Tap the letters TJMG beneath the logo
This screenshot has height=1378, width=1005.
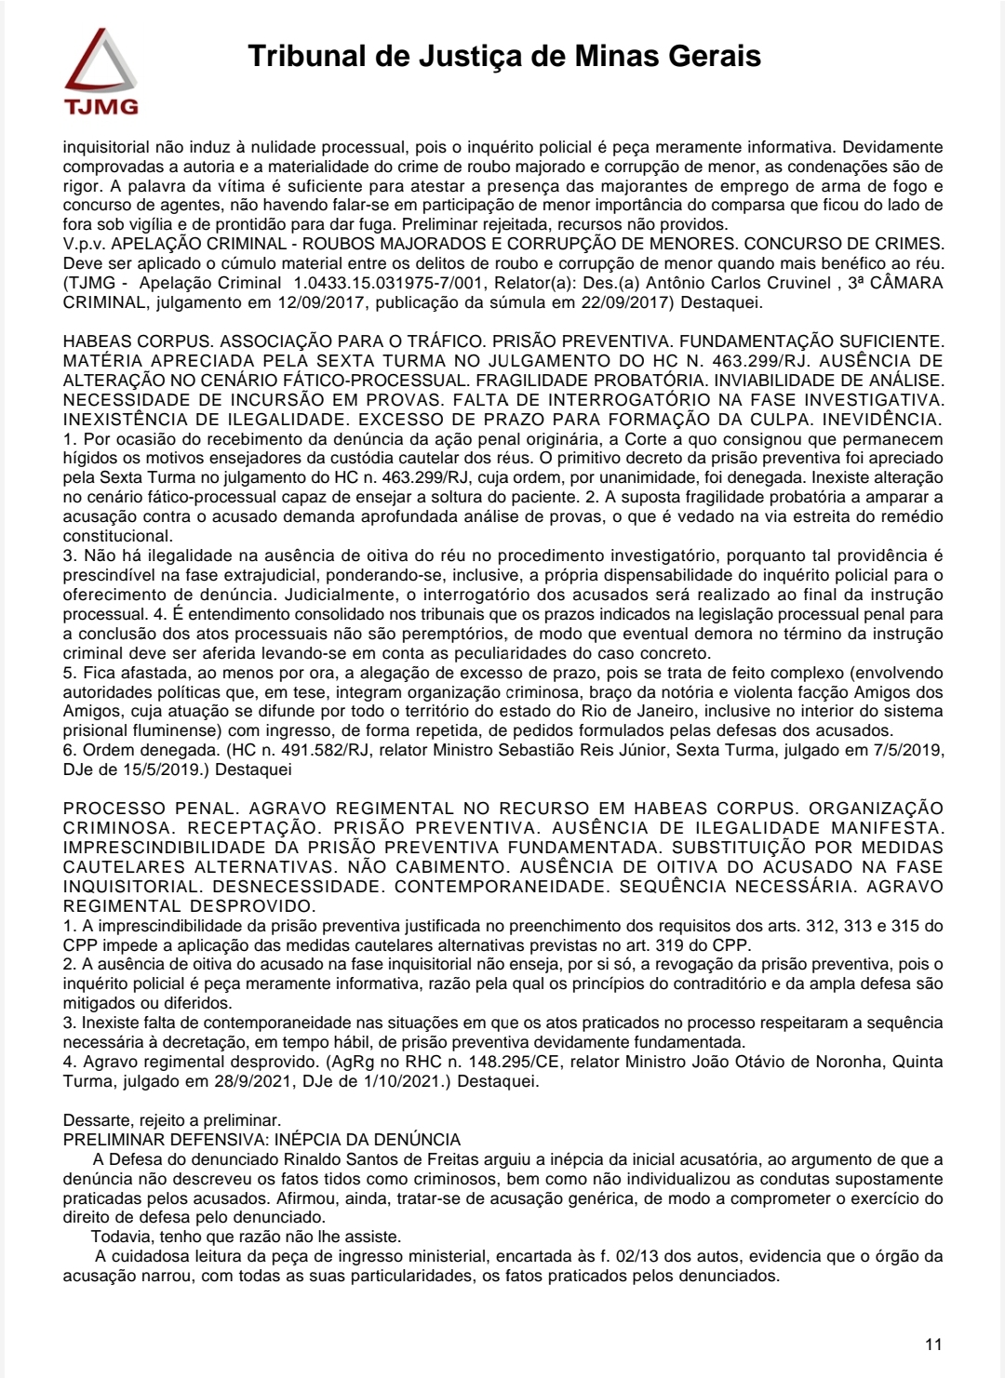pyautogui.click(x=100, y=106)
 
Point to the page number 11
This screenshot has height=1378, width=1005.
pyautogui.click(x=934, y=1345)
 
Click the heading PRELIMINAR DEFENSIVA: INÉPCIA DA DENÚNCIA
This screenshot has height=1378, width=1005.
pyautogui.click(x=261, y=1140)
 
